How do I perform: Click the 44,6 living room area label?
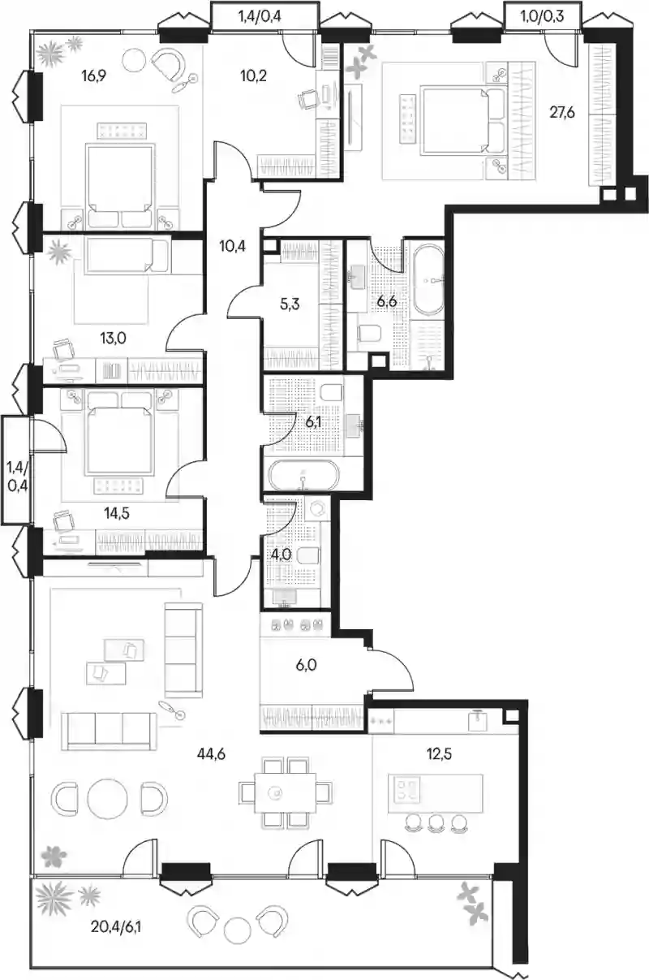point(211,754)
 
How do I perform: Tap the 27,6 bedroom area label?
point(562,113)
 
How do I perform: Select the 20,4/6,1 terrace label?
point(116,926)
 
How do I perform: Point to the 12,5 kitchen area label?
point(439,753)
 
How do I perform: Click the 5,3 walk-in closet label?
point(290,304)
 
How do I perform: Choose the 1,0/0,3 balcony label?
point(543,16)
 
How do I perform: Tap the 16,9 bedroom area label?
point(94,76)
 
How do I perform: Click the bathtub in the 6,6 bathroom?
point(428,280)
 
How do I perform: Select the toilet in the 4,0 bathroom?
point(307,556)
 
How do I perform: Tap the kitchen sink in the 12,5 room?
point(477,720)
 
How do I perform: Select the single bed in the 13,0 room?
point(127,256)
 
